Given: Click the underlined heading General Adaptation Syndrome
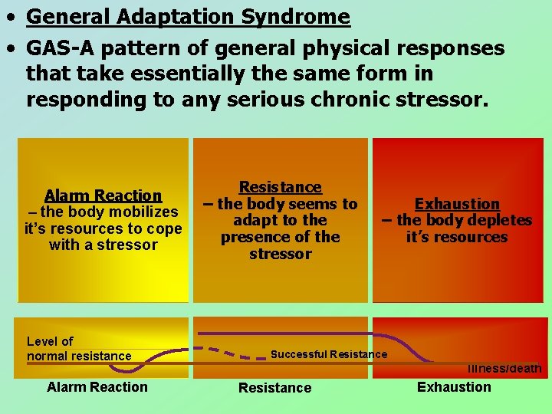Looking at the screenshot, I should [x=188, y=17].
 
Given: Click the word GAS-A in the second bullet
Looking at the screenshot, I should [x=64, y=48].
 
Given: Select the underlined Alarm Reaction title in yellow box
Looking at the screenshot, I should [x=103, y=195].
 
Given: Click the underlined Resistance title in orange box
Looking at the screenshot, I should [x=280, y=187].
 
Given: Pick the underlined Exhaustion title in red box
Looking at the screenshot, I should [x=457, y=204].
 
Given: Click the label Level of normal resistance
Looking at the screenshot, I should [x=78, y=349].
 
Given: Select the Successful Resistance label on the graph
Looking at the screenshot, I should [x=329, y=354].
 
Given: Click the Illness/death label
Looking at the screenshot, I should [x=504, y=369].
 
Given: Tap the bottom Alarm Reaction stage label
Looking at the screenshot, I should [x=97, y=387].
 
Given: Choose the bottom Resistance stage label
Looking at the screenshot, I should [x=274, y=388].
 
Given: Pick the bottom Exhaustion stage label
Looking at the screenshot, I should [x=454, y=387].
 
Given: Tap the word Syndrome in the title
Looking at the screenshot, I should [x=304, y=17].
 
